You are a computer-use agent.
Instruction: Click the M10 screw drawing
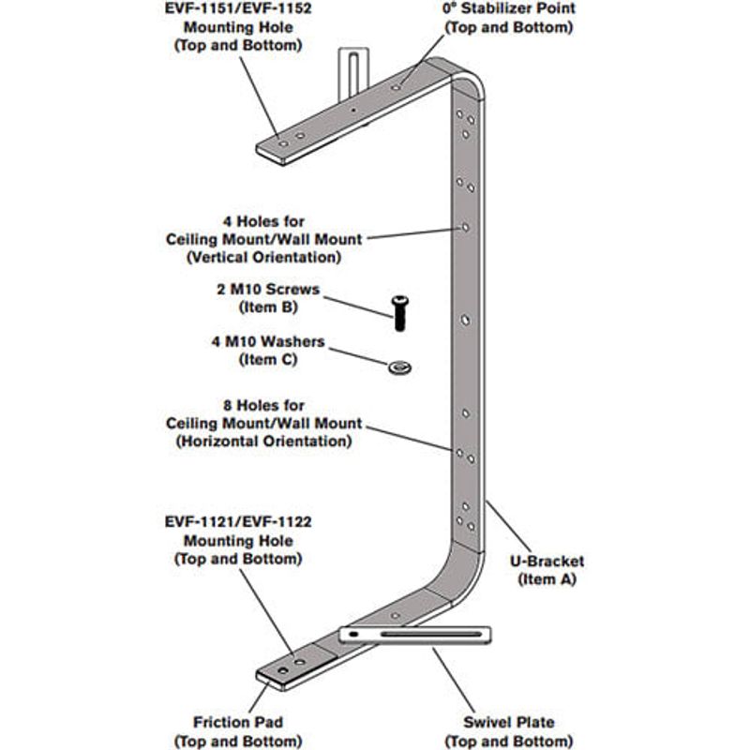click(x=400, y=313)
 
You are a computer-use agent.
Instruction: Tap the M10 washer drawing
click(x=400, y=367)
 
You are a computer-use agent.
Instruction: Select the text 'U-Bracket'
click(x=547, y=561)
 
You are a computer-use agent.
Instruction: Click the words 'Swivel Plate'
click(x=509, y=722)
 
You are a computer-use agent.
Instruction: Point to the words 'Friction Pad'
click(x=238, y=722)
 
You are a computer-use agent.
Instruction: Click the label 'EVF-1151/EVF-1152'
click(x=238, y=8)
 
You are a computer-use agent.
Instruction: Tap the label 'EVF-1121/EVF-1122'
click(x=238, y=521)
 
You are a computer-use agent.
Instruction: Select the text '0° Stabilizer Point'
click(x=509, y=8)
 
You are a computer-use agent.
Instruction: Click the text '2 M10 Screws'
click(x=268, y=289)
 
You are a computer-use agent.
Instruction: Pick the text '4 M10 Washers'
click(x=268, y=341)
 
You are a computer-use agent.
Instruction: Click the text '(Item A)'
click(x=547, y=579)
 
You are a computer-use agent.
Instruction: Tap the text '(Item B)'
click(x=268, y=307)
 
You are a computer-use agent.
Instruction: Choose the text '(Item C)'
click(x=268, y=360)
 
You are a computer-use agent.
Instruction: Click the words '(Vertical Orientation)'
click(x=264, y=257)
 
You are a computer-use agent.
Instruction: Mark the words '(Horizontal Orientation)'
click(x=264, y=441)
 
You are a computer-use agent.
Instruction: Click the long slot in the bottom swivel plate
click(x=431, y=635)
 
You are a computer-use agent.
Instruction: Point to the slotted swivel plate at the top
click(x=353, y=74)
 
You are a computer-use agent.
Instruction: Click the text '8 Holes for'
click(x=264, y=406)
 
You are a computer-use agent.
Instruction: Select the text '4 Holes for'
click(x=264, y=221)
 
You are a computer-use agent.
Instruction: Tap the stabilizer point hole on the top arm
click(x=396, y=88)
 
